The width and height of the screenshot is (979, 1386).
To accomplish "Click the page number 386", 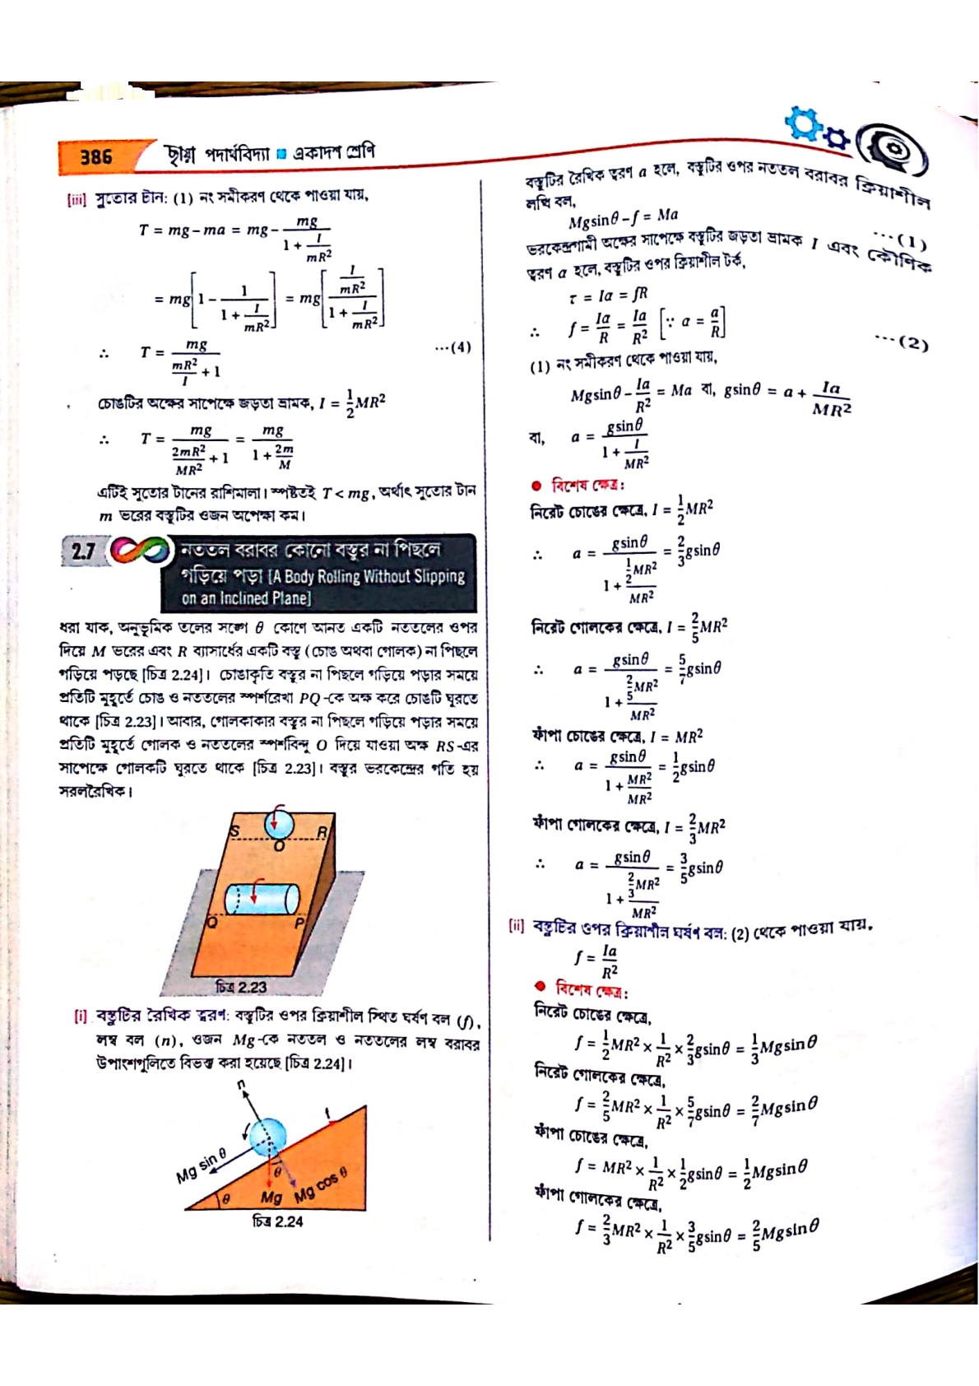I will point(96,156).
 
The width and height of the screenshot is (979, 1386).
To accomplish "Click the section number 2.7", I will point(82,551).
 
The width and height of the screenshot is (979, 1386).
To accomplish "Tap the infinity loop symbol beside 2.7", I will point(140,551).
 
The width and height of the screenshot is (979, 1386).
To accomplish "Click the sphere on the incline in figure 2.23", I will point(279,823).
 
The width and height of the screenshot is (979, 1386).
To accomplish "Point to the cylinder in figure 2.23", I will point(262,899).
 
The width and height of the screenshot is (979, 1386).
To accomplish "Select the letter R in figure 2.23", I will point(322,832).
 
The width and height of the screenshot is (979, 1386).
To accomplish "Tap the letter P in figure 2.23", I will point(299,923).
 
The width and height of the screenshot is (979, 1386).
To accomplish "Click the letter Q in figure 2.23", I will point(211,923).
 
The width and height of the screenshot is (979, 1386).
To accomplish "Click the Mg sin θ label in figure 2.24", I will point(202,1165).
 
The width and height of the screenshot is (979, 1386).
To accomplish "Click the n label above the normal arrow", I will point(242,1085).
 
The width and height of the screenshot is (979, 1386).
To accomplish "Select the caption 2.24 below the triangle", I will point(277,1222).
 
